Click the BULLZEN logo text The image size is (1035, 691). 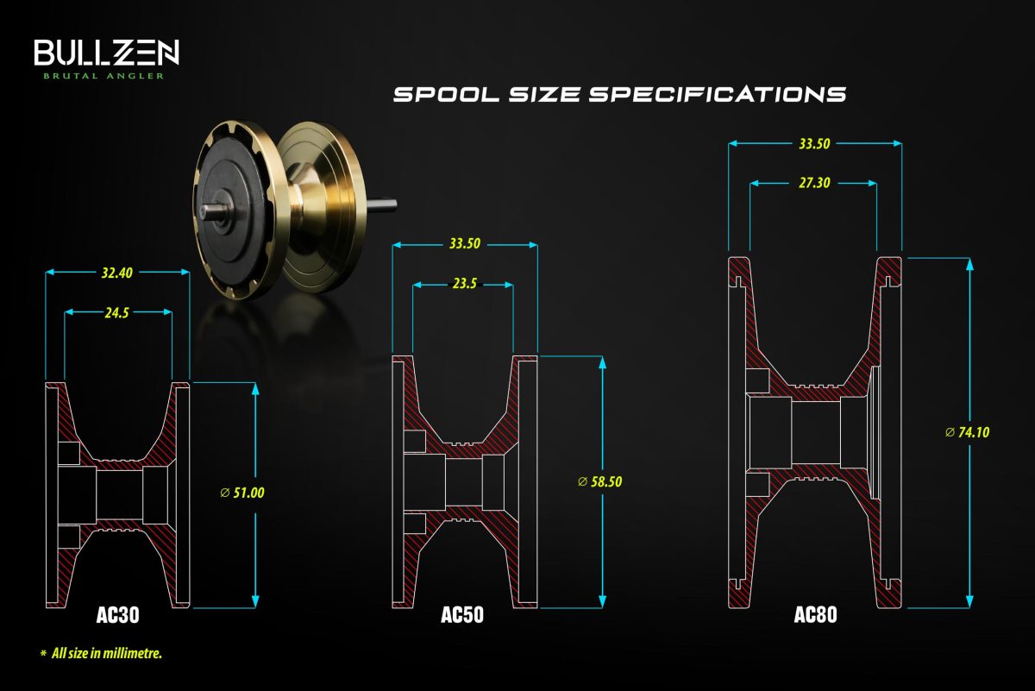tap(106, 53)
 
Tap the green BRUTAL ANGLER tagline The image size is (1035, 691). tap(104, 76)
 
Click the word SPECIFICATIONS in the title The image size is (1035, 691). tap(717, 94)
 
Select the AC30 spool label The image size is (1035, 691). tap(118, 615)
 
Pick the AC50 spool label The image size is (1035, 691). tap(462, 615)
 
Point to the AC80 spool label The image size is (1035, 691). tap(816, 615)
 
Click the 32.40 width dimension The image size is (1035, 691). tap(117, 273)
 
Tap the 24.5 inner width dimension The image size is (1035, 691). tap(116, 313)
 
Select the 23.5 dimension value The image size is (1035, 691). tap(464, 283)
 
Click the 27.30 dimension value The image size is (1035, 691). tap(814, 183)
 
